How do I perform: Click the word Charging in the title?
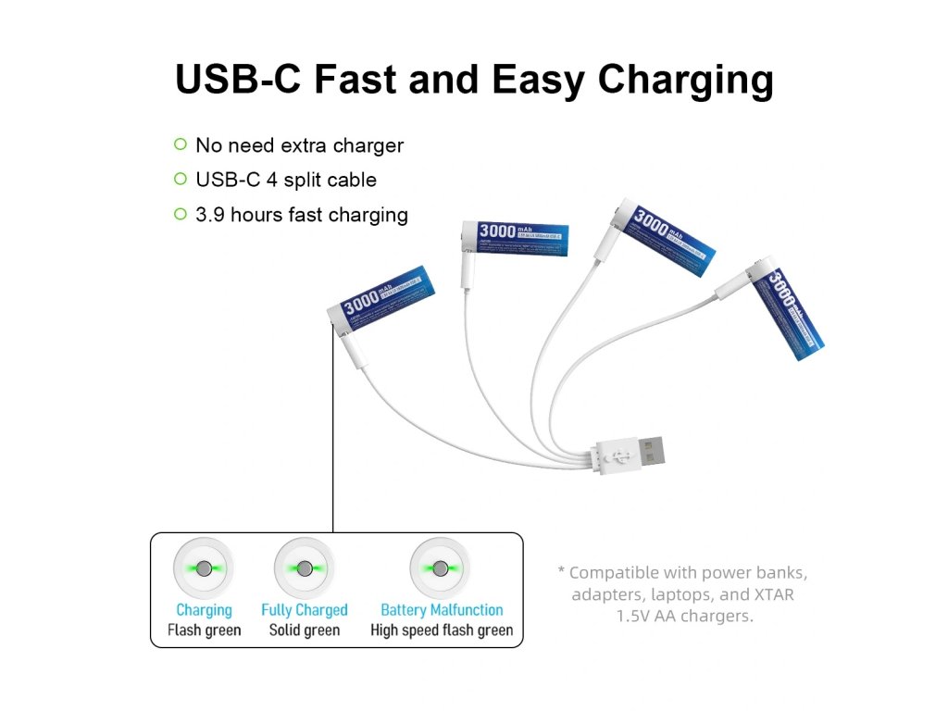[x=686, y=81]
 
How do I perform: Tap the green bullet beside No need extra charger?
[x=181, y=144]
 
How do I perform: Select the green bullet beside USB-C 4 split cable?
[x=181, y=179]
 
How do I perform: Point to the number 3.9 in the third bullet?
[x=210, y=215]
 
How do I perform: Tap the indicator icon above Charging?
[x=204, y=568]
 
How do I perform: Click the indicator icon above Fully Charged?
[x=304, y=568]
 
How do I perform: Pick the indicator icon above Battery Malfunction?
[x=441, y=568]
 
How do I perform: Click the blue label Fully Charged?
[x=304, y=610]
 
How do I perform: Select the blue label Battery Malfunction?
[x=442, y=610]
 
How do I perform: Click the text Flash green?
[x=204, y=630]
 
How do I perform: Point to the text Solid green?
[x=304, y=630]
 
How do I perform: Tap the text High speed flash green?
[x=442, y=630]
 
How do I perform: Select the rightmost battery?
[x=787, y=313]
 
